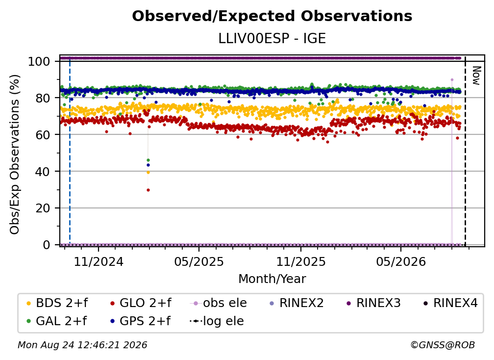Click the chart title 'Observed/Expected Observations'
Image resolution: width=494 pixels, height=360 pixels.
click(x=272, y=16)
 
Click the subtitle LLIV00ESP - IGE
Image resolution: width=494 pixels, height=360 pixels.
click(x=272, y=38)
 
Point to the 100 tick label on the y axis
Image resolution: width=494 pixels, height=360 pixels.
click(x=39, y=61)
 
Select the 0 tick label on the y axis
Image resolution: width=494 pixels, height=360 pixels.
click(x=47, y=245)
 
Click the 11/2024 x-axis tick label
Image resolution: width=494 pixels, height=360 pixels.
click(x=99, y=261)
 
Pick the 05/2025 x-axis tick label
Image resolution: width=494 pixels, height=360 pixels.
click(x=199, y=261)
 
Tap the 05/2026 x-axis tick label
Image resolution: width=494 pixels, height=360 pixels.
click(x=401, y=261)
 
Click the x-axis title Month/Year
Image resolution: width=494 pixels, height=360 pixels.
click(x=272, y=279)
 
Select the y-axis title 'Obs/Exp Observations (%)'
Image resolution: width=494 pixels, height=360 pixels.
click(x=15, y=154)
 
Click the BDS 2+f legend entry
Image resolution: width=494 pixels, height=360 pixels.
click(x=57, y=303)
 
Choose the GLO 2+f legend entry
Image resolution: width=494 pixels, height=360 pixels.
click(x=141, y=303)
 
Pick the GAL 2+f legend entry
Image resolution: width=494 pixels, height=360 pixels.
click(x=57, y=321)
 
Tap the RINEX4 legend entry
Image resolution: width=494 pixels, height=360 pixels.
click(x=450, y=303)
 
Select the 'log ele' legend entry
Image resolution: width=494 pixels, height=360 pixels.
click(x=217, y=321)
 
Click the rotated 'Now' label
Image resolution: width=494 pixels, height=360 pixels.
click(x=476, y=76)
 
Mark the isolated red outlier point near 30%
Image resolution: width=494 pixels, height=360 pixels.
click(x=148, y=190)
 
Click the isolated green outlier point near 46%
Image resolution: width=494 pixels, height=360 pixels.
click(x=148, y=160)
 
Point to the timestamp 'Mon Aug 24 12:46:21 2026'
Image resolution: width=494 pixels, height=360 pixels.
click(x=82, y=345)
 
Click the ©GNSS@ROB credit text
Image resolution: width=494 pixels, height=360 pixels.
click(x=443, y=345)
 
